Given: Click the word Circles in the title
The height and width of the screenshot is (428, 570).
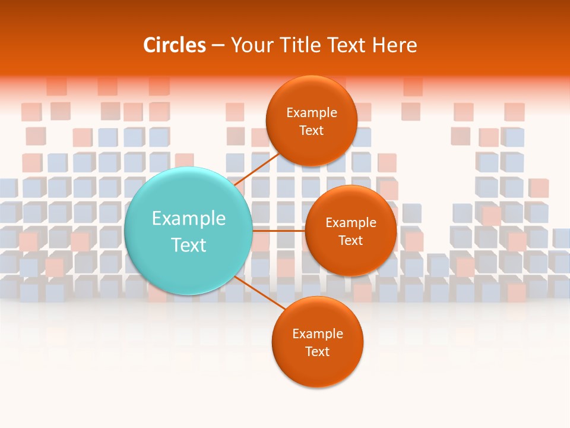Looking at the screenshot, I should coord(175,45).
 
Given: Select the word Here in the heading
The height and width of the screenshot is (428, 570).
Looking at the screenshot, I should coord(394,45).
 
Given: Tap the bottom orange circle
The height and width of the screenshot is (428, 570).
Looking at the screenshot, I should coord(317,369).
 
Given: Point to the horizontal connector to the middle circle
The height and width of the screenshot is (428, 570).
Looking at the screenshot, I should coord(278,231).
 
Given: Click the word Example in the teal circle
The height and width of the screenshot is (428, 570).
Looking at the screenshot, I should coord(189,219).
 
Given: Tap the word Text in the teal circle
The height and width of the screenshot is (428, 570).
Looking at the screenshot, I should coord(189,245).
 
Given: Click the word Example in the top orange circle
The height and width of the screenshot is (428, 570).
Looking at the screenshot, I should coord(312,113).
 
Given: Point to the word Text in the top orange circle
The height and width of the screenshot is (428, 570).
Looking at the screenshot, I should coord(311,131).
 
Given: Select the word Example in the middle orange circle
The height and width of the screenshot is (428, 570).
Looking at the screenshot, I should coord(351,223).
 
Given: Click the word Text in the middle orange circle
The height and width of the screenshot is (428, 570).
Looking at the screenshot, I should coord(350,241).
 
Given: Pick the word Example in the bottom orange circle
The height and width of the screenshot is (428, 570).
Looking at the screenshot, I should coord(318,334).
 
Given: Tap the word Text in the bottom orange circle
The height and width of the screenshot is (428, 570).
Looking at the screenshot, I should coord(317,352).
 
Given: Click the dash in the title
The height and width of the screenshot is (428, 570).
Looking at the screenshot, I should coord(218,46).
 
